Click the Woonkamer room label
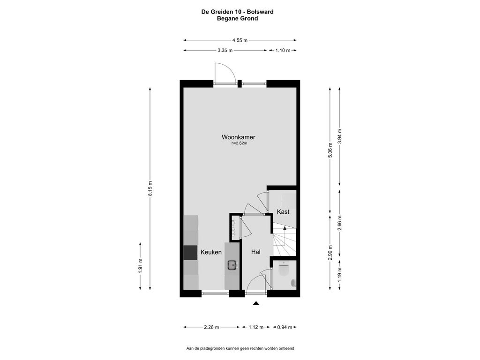tap(238, 137)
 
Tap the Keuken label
tap(211, 252)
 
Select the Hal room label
tap(255, 252)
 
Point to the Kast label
tap(283, 211)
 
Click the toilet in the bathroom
tap(284, 269)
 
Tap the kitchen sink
tap(232, 265)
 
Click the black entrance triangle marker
tap(256, 303)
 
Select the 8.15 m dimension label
tap(150, 188)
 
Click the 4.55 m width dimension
tap(240, 40)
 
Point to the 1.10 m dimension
tap(283, 51)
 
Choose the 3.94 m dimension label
tap(339, 136)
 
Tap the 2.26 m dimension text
tap(211, 327)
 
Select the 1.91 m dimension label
tap(140, 266)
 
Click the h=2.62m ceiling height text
tap(239, 143)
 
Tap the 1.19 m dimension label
tap(339, 274)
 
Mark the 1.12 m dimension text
tap(256, 327)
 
